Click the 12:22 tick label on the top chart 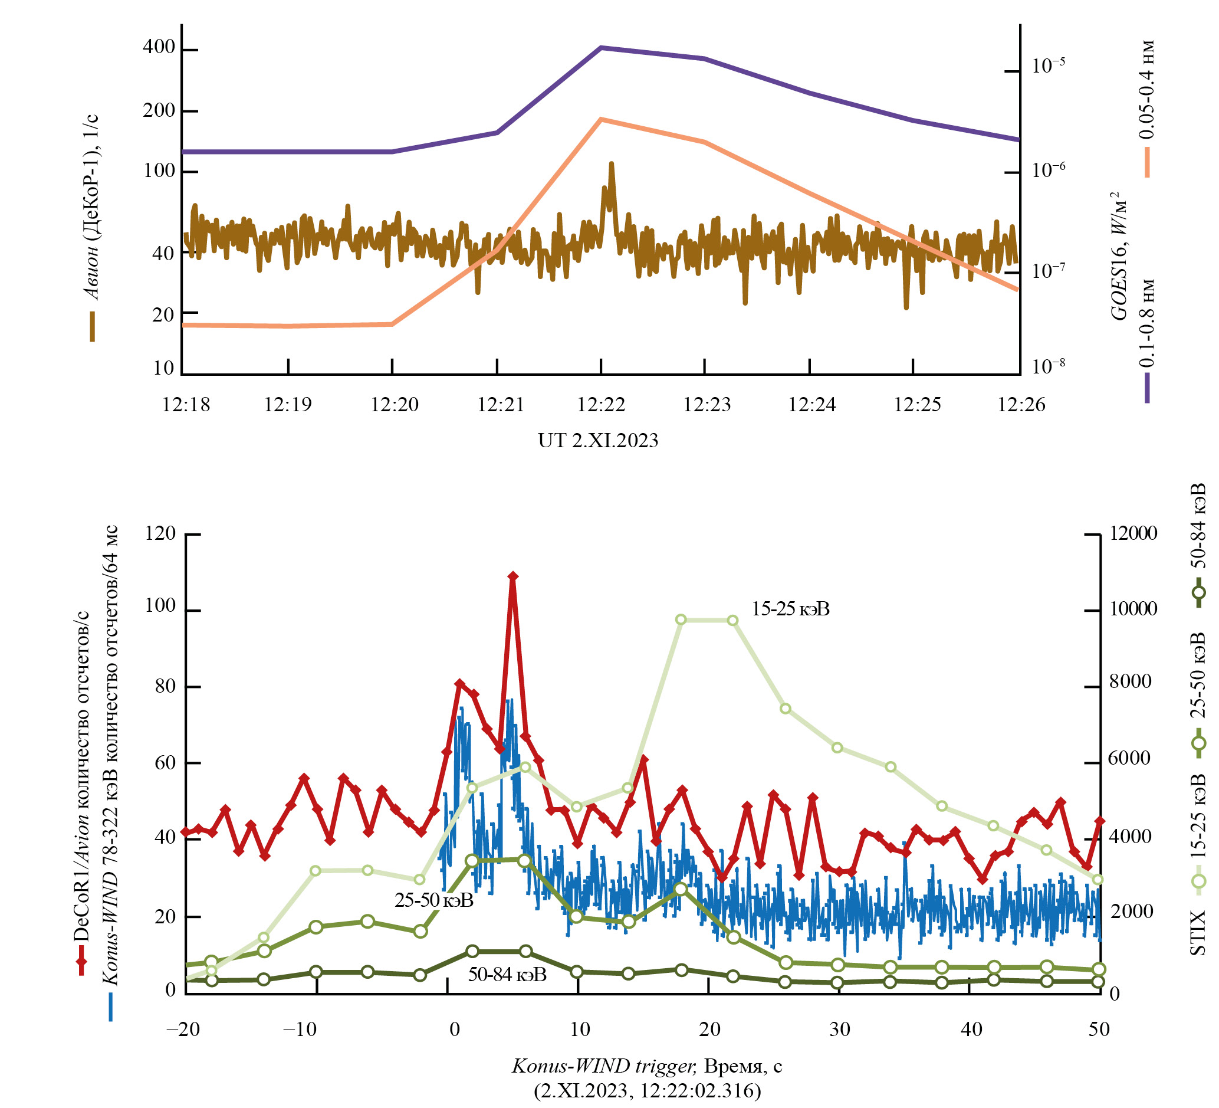[x=600, y=405]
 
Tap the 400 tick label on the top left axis [x=159, y=48]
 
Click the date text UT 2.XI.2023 [x=598, y=440]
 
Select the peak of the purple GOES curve [x=601, y=47]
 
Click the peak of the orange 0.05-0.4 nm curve [x=600, y=119]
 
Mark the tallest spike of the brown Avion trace [x=612, y=164]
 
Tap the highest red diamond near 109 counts [x=512, y=576]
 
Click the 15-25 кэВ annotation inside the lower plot [x=790, y=609]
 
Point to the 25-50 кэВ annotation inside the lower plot [x=433, y=900]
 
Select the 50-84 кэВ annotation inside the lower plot [x=507, y=974]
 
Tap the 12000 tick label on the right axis [x=1132, y=533]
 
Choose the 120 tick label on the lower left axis [x=160, y=533]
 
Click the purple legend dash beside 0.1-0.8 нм [x=1147, y=388]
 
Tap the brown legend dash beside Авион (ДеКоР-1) [x=93, y=327]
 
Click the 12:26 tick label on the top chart [x=1021, y=405]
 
